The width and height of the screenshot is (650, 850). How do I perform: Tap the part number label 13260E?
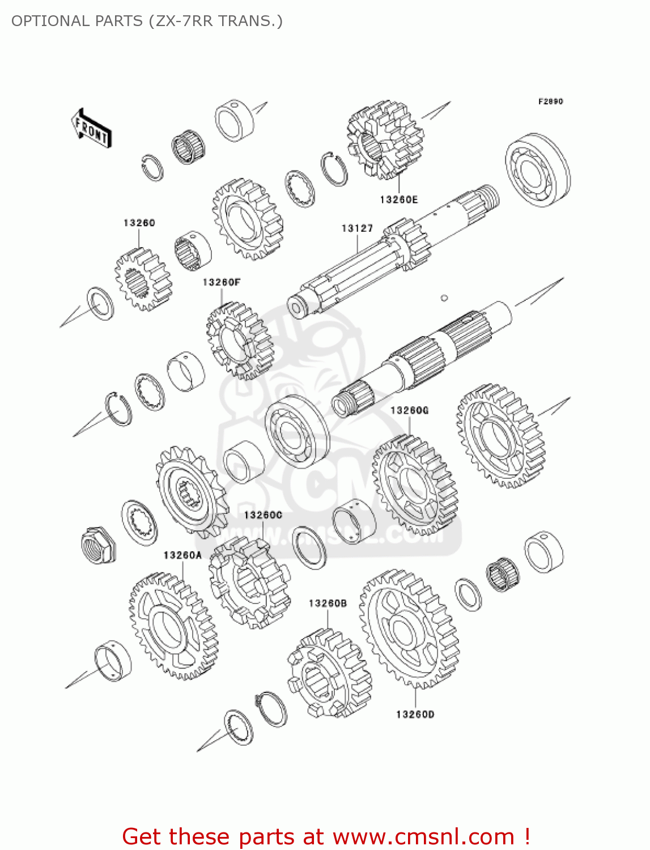pyautogui.click(x=398, y=199)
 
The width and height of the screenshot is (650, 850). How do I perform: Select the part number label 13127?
pyautogui.click(x=357, y=228)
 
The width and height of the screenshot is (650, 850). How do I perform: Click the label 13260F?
pyautogui.click(x=222, y=282)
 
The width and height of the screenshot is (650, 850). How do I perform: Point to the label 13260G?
pyautogui.click(x=409, y=410)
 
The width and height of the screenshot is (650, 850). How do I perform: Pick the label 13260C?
pyautogui.click(x=263, y=515)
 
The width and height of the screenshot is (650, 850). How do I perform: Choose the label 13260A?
pyautogui.click(x=182, y=555)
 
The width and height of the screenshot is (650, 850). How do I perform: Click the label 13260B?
pyautogui.click(x=328, y=603)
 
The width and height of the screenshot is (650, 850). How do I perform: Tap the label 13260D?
pyautogui.click(x=415, y=715)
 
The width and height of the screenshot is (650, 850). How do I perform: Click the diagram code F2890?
pyautogui.click(x=550, y=101)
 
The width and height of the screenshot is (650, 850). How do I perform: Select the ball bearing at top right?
pyautogui.click(x=537, y=170)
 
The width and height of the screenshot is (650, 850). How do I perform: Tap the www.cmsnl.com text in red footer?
pyautogui.click(x=423, y=836)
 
